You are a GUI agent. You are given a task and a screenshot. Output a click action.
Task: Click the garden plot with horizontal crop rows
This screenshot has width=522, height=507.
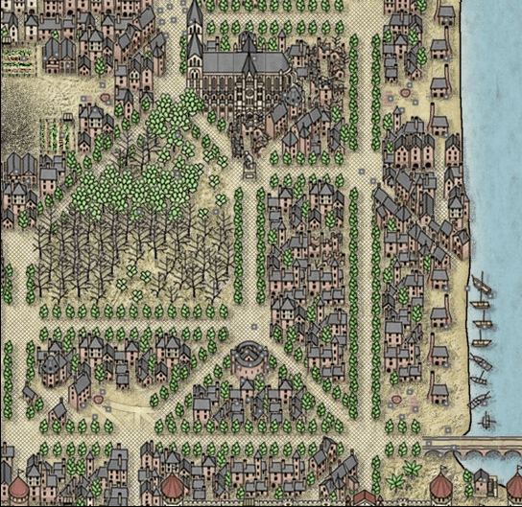point(17,60)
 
